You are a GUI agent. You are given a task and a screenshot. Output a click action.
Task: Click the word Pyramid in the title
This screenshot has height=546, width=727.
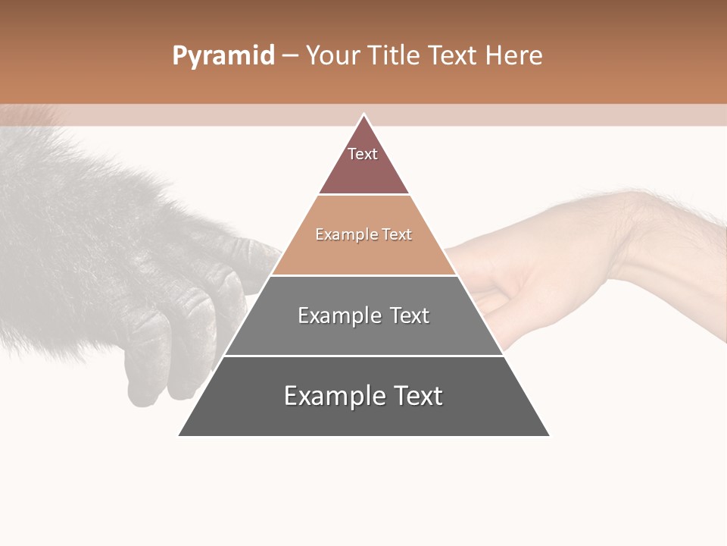coord(223,56)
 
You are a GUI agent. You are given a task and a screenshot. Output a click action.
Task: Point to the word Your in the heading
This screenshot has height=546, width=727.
coord(332,55)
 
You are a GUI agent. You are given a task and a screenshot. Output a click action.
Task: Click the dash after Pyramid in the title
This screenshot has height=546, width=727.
coord(290,56)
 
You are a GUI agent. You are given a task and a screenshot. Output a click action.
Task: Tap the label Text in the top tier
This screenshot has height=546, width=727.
coord(363,154)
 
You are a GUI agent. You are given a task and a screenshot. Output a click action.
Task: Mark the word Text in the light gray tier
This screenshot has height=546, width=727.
coord(409,315)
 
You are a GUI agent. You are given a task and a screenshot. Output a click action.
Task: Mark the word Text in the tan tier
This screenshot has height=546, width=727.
coord(396,235)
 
